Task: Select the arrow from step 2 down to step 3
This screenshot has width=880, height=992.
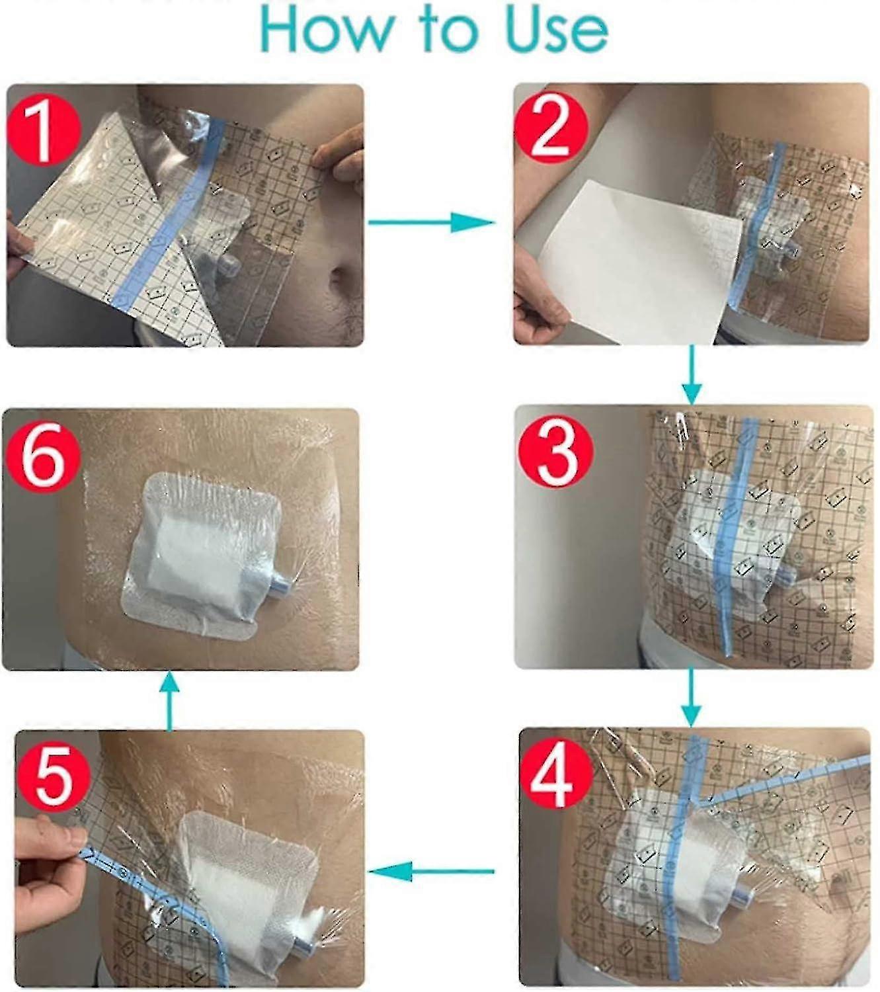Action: (x=691, y=374)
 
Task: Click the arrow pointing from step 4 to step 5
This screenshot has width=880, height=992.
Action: (x=431, y=872)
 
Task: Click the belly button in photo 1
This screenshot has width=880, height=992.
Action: (x=343, y=272)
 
